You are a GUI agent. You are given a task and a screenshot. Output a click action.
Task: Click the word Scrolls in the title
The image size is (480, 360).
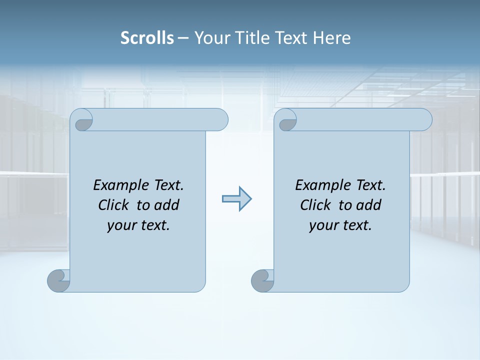(147, 38)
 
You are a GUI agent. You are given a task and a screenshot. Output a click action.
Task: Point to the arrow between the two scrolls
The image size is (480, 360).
(236, 199)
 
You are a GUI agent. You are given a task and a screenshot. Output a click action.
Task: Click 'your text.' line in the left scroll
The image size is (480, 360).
(138, 225)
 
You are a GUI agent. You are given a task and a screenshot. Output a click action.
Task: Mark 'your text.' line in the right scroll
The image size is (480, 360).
(340, 225)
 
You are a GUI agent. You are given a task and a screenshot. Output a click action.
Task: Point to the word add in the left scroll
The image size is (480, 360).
(166, 205)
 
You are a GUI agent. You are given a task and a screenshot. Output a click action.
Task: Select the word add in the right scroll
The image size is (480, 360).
(368, 205)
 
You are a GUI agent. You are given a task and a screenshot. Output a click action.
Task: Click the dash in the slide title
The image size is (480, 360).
(183, 38)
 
